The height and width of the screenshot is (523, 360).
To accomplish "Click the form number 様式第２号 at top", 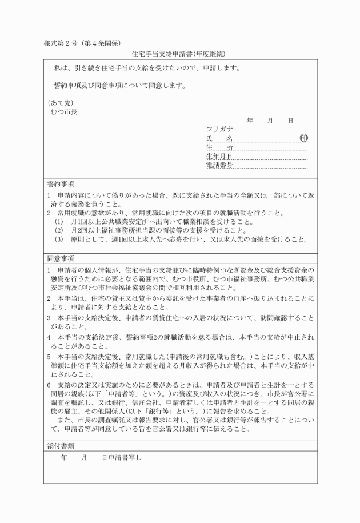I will tap(62, 43).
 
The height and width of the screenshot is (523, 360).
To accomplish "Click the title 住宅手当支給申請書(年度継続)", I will tap(179, 54).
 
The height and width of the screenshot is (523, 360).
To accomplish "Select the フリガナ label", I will tap(220, 130).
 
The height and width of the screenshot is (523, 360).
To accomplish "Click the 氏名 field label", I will tap(219, 139).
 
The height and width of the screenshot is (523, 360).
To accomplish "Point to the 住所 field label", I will tap(219, 147).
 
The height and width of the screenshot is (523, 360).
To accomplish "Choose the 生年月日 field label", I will tap(219, 157).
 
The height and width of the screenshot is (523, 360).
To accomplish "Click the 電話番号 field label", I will tap(219, 166).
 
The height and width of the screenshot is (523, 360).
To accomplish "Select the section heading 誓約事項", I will tap(61, 184).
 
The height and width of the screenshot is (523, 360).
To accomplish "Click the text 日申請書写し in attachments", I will tap(121, 458).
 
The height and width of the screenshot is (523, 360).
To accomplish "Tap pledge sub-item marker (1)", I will tap(59, 222).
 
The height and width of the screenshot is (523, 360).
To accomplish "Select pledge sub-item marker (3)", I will tap(59, 239).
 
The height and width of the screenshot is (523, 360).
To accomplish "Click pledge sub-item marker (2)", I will tap(59, 231).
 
